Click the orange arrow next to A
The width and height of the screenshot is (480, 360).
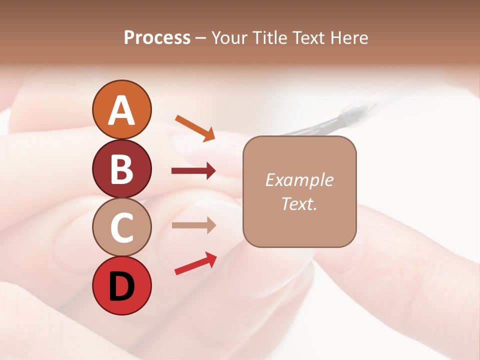pos(195,128)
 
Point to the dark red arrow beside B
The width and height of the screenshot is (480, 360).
pos(193,171)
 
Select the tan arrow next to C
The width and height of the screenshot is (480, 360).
pos(193,225)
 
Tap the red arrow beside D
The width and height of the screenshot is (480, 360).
pos(195,263)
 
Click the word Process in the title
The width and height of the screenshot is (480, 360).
pos(157,37)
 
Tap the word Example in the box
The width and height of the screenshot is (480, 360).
pos(299,180)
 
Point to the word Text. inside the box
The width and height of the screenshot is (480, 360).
pos(299,203)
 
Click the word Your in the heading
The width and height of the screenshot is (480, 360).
pos(229,37)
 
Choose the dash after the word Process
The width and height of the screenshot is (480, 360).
pos(201,38)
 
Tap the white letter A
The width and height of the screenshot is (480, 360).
pos(121,110)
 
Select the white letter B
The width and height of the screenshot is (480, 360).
pos(121,169)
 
